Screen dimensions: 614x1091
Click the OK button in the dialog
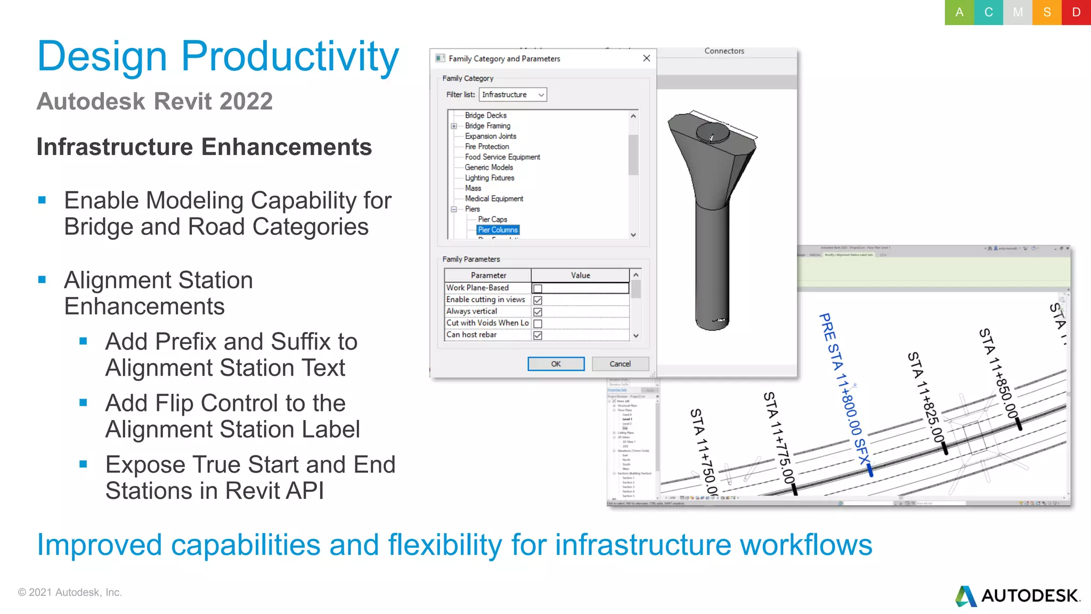pos(556,363)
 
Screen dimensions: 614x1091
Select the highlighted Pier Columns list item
pos(498,230)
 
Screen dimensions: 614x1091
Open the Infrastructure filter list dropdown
pos(512,94)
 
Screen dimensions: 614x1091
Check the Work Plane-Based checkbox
pos(538,288)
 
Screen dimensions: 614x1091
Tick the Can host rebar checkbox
pos(538,335)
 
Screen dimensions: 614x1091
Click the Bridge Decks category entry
pos(485,115)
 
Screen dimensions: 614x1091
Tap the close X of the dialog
pos(646,58)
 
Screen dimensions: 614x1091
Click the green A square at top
pos(959,12)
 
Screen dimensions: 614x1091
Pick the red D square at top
pos(1076,12)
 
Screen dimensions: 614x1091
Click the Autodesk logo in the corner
pos(1017,595)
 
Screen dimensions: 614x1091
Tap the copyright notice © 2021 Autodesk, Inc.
pos(70,592)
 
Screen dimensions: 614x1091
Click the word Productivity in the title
pos(290,56)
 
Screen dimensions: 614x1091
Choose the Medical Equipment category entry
pos(494,198)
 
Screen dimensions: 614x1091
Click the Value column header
pos(580,275)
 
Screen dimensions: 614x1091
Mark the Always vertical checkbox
pos(538,312)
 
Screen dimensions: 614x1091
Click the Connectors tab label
pos(724,51)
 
